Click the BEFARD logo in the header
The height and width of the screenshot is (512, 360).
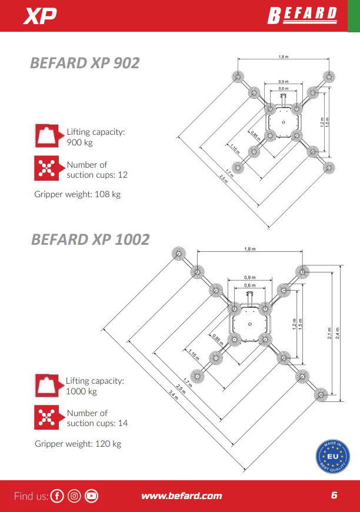click(302, 15)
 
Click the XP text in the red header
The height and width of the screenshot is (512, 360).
click(40, 16)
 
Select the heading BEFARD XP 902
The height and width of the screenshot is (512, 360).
click(85, 63)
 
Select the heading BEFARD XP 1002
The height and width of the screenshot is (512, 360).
click(91, 240)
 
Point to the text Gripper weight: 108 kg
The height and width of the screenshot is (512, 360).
click(77, 194)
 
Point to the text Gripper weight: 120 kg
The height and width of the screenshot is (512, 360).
click(78, 444)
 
